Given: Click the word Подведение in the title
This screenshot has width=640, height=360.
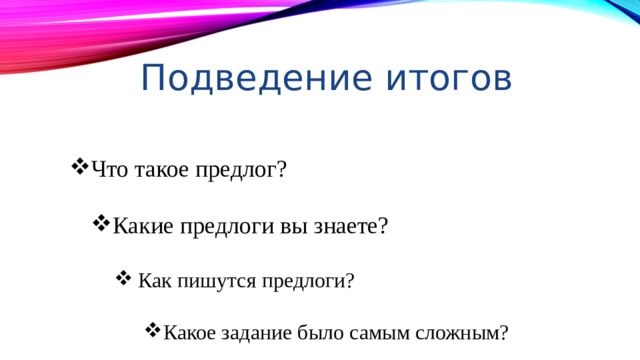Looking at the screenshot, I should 245,77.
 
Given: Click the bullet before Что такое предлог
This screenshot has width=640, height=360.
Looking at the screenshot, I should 79,166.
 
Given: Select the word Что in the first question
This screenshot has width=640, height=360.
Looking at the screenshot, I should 109,169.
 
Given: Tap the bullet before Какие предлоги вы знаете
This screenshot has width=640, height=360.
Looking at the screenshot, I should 101,222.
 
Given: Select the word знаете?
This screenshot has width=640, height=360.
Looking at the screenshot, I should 349,225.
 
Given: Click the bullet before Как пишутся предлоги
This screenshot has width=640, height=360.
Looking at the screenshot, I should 124,277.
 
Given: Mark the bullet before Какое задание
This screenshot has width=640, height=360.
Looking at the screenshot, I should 153,329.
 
